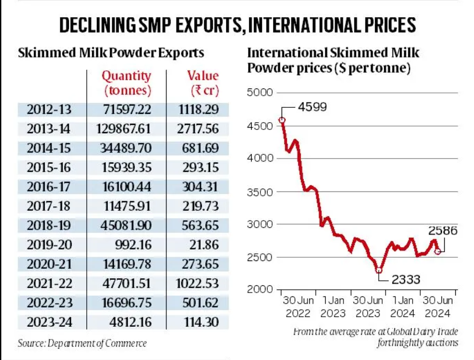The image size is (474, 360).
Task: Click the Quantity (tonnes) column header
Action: click(127, 82)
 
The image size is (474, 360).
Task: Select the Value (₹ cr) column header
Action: click(202, 82)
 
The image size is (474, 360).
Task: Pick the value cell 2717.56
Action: click(197, 129)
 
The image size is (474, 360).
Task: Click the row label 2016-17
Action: click(49, 186)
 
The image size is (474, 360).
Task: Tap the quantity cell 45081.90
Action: click(128, 225)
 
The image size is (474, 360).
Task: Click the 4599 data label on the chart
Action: click(312, 107)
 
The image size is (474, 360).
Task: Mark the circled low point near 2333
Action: click(379, 270)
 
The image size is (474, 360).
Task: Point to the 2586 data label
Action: click(442, 231)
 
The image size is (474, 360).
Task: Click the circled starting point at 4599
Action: click(282, 119)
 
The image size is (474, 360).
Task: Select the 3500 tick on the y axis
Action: click(260, 192)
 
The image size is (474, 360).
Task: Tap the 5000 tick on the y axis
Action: click(260, 93)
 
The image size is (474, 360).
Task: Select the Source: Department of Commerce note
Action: click(82, 343)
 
